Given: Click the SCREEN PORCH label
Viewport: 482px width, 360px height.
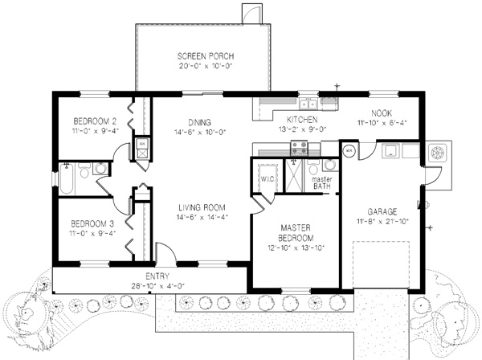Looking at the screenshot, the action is click(206, 56).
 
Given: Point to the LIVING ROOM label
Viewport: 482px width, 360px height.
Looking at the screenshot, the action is click(202, 207).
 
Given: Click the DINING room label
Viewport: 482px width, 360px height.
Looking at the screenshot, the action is click(200, 122).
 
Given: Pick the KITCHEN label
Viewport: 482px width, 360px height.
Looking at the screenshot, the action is click(302, 119).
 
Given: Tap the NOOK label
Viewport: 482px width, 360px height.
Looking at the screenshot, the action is click(382, 113).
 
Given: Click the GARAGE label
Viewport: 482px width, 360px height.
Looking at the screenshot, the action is click(382, 211).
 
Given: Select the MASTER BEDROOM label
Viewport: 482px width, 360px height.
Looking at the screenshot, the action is click(296, 233).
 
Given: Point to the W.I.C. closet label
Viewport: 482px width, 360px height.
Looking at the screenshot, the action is click(268, 179).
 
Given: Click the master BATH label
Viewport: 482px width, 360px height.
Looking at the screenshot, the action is click(322, 182).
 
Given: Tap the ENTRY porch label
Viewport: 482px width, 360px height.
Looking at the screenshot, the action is click(157, 276).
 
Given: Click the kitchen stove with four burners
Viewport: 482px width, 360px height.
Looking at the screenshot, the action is click(299, 147).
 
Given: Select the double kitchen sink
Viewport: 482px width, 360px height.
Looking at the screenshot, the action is click(308, 104).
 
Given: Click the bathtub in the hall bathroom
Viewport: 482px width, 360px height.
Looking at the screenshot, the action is click(66, 179).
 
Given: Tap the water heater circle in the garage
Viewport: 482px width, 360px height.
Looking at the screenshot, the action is click(349, 150).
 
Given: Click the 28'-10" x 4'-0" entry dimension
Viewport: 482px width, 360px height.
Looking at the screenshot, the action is click(157, 285).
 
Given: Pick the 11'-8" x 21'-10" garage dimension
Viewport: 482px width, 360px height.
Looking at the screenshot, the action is click(382, 221).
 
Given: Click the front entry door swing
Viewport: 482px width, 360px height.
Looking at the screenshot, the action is click(166, 252).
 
